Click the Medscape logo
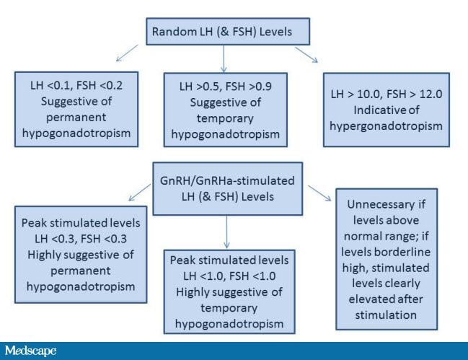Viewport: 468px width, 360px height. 30,351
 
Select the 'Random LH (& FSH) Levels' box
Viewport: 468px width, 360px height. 228,31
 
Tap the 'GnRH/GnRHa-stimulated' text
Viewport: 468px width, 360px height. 227,180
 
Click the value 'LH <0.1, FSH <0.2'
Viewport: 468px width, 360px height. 76,85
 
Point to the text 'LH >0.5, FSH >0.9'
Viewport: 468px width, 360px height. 225,87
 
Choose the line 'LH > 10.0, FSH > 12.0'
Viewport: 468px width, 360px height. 387,94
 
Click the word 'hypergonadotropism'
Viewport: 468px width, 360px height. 387,126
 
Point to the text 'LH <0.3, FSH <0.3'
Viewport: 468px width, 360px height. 81,239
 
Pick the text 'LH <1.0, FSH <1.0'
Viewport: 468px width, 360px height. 229,276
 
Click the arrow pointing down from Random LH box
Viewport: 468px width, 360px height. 224,59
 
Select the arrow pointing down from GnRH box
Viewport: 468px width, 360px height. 226,232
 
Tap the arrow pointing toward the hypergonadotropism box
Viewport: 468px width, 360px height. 306,55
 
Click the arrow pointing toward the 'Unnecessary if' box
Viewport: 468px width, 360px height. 319,193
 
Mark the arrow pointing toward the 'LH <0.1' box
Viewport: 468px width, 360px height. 127,53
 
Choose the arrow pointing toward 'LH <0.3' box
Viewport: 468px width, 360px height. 139,192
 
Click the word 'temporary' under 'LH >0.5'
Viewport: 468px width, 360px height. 225,118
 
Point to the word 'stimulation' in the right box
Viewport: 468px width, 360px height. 386,315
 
